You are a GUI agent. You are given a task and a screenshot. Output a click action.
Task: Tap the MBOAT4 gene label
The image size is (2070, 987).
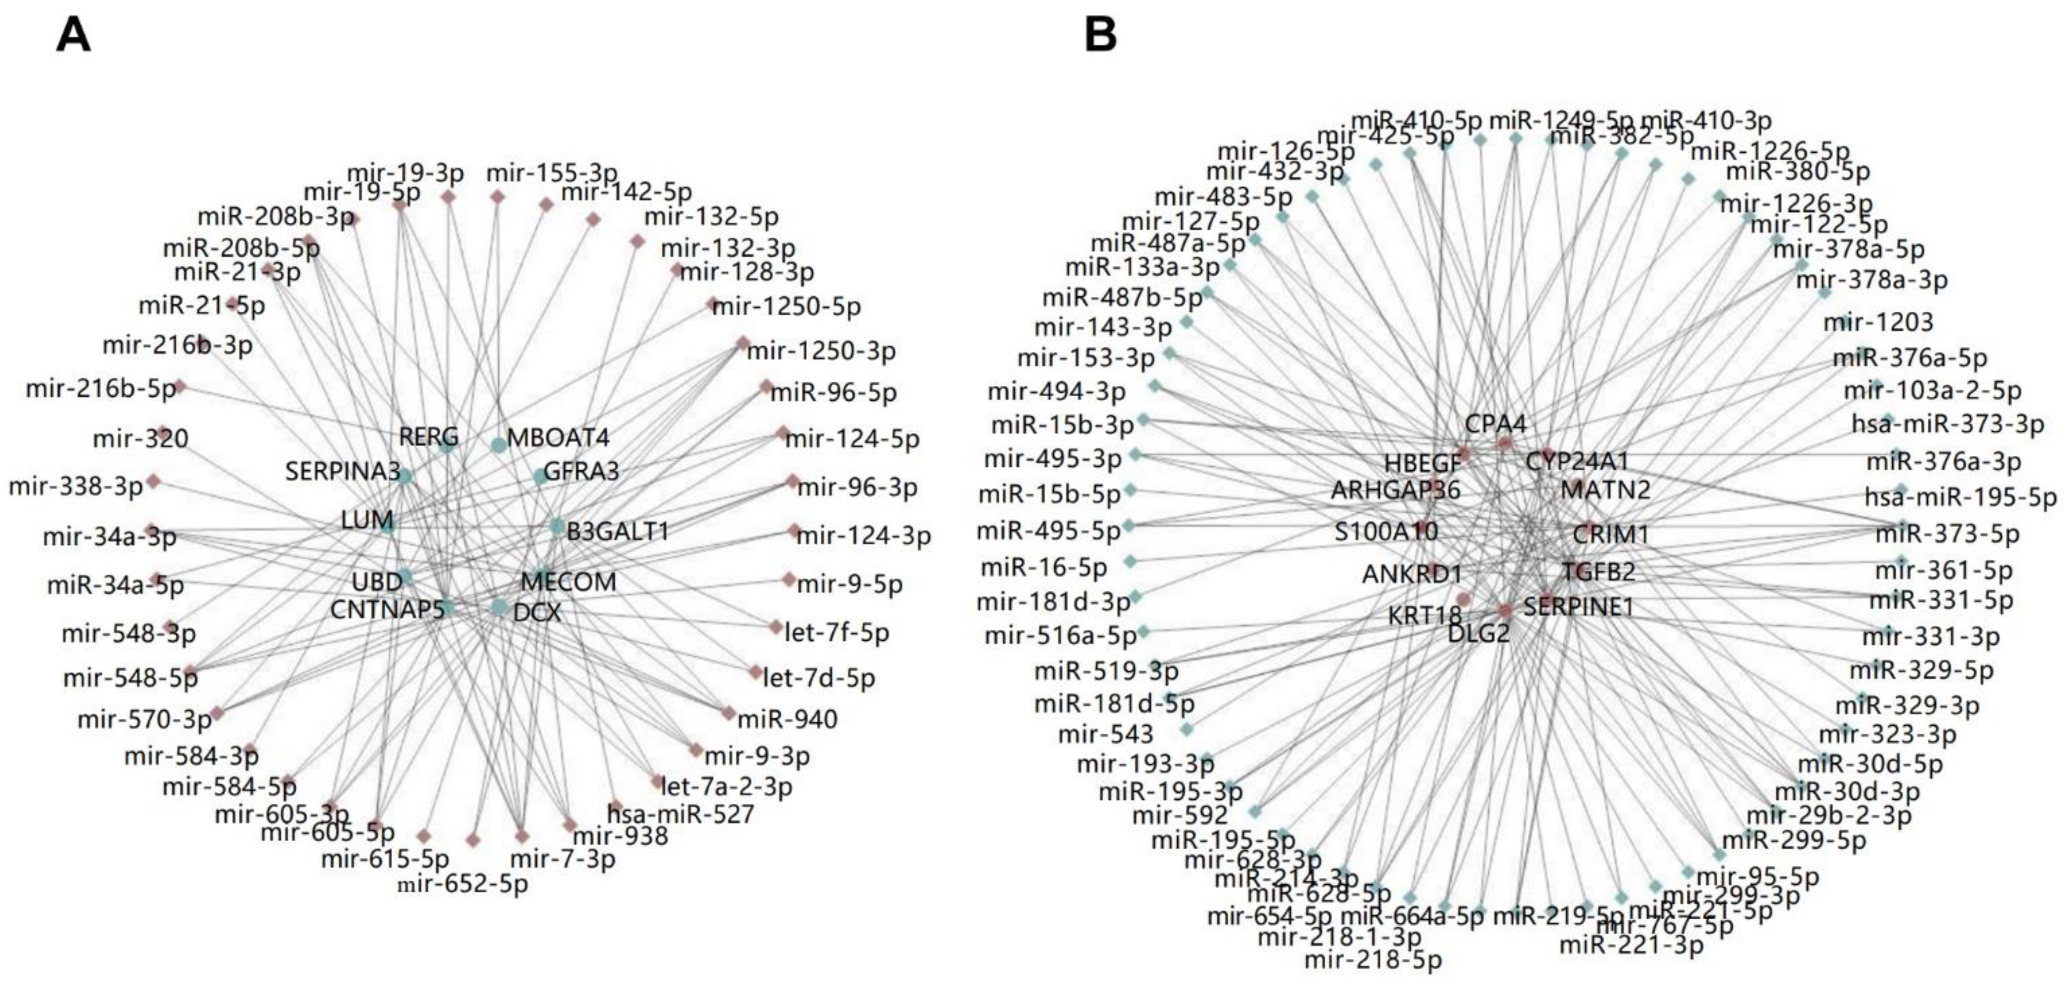pyautogui.click(x=557, y=438)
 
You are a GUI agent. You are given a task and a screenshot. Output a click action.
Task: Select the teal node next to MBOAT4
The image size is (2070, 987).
pyautogui.click(x=498, y=445)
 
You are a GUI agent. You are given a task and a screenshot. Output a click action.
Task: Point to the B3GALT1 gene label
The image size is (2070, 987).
pyautogui.click(x=617, y=532)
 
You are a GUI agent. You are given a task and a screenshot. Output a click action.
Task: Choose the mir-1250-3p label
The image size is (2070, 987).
pyautogui.click(x=821, y=351)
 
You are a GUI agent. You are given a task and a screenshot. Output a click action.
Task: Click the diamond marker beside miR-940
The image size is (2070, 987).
pyautogui.click(x=728, y=713)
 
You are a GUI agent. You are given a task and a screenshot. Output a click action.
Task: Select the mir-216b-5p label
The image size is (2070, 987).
pyautogui.click(x=100, y=389)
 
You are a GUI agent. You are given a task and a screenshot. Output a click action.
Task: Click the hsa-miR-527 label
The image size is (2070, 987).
pyautogui.click(x=680, y=814)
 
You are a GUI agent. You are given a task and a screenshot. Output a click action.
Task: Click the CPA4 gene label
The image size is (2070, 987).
pyautogui.click(x=1495, y=423)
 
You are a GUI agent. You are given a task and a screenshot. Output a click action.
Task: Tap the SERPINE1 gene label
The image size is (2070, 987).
pyautogui.click(x=1578, y=607)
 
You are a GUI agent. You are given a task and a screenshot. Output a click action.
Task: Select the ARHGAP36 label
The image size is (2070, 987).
pyautogui.click(x=1395, y=490)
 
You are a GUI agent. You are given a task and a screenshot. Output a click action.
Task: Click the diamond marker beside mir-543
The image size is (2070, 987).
pyautogui.click(x=1186, y=730)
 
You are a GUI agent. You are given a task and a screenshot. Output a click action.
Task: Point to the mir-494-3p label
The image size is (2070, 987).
pyautogui.click(x=1056, y=391)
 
